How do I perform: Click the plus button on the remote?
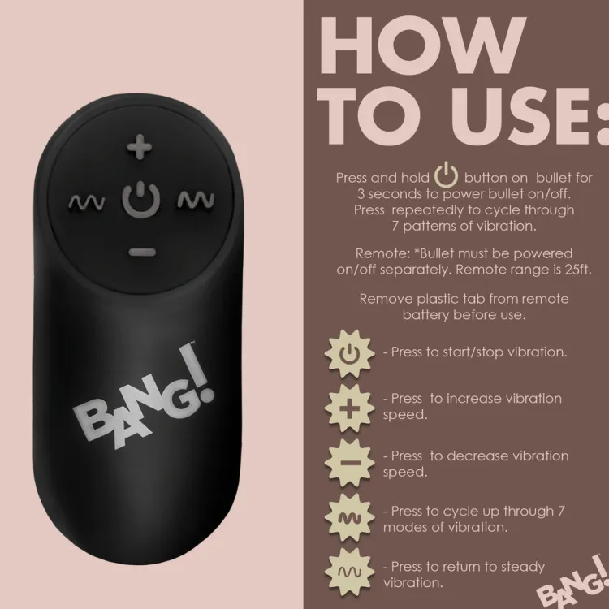tap(140, 147)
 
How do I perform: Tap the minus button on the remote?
tap(142, 253)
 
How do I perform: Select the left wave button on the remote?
tap(87, 202)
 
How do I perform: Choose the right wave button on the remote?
tap(196, 200)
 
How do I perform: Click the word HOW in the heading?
tap(421, 45)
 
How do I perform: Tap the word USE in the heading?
tap(520, 116)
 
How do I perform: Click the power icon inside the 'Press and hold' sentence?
tap(447, 175)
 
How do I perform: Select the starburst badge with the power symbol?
tap(349, 354)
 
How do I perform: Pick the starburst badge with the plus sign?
tap(349, 408)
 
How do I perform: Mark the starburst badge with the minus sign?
tap(349, 463)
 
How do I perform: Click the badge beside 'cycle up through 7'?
tap(349, 518)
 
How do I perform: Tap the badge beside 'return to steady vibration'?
tap(349, 572)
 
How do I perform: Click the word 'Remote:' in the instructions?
tap(383, 253)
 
